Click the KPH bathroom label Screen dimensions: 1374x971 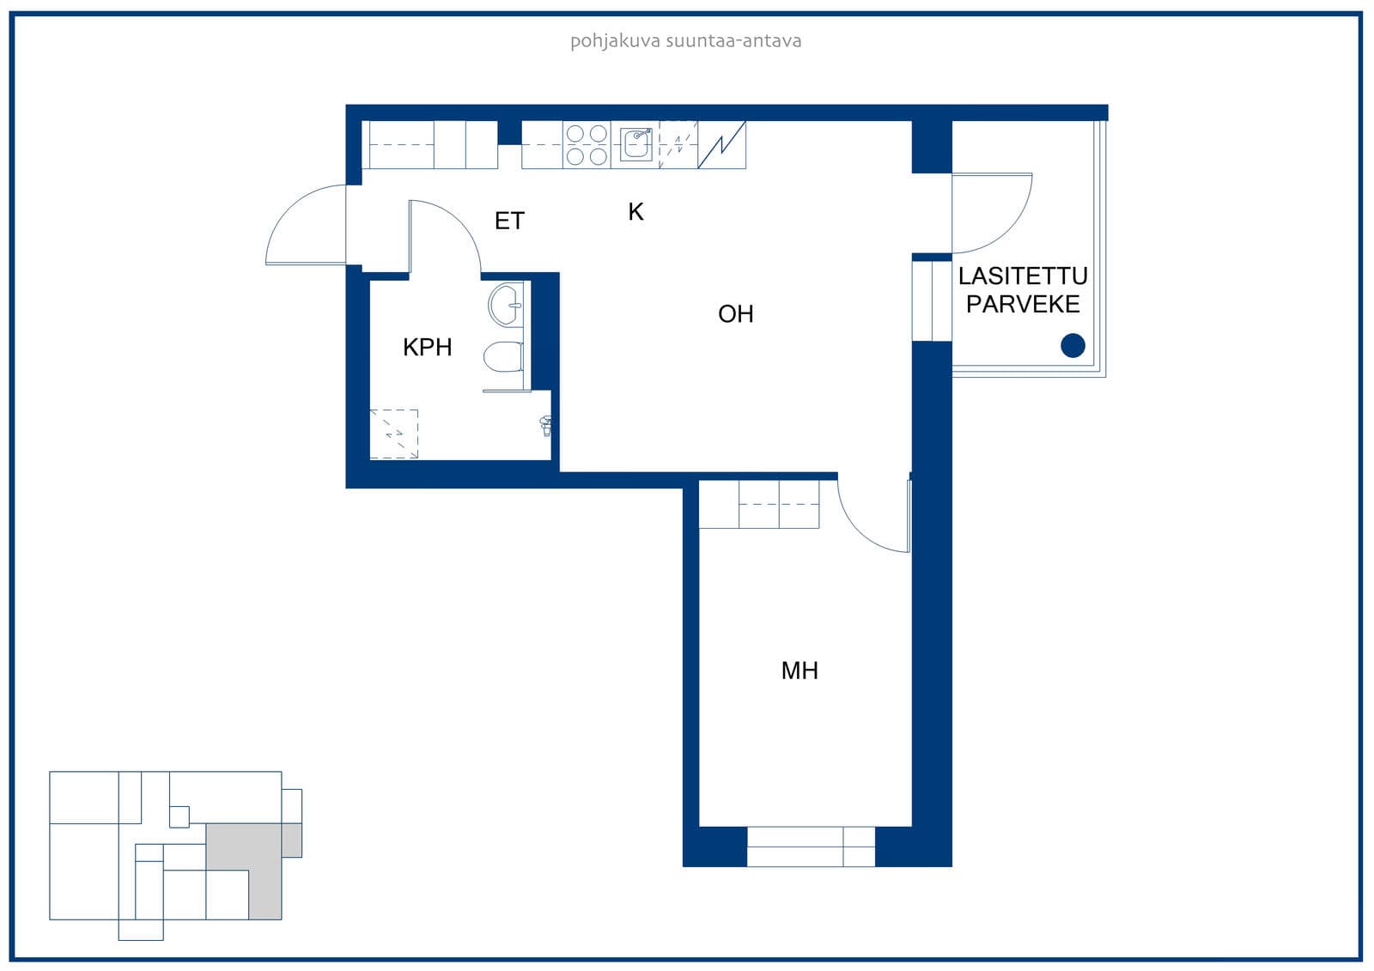tap(428, 347)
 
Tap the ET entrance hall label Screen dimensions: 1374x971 tap(509, 221)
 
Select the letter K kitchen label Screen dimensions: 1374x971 tap(635, 211)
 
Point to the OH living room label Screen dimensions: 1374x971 tap(735, 314)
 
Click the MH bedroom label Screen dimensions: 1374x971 tap(799, 671)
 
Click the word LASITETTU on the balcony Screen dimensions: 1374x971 tap(1023, 276)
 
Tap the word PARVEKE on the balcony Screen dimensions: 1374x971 tap(1023, 304)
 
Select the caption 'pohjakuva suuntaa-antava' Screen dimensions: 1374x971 tap(686, 41)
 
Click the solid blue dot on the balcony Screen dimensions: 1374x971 tap(1073, 345)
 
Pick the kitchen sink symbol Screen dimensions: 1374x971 tap(635, 144)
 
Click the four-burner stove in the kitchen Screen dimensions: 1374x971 tap(587, 145)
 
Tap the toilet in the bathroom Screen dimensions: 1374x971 tap(503, 356)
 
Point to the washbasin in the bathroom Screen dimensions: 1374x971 tap(506, 304)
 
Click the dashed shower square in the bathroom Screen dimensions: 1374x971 tap(394, 434)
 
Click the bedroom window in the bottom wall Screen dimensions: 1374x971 tap(811, 847)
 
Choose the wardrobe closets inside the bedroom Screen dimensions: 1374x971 tap(759, 504)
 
